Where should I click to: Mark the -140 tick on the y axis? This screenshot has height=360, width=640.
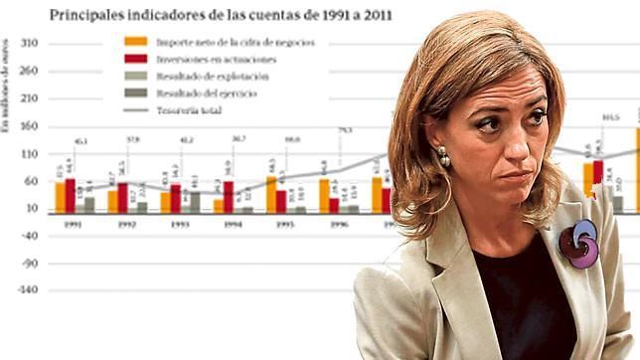click(x=27, y=289)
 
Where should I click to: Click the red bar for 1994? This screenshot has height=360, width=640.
click(x=230, y=197)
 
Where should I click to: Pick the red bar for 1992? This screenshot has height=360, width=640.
click(x=123, y=197)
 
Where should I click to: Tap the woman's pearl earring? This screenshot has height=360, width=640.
click(x=442, y=158)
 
